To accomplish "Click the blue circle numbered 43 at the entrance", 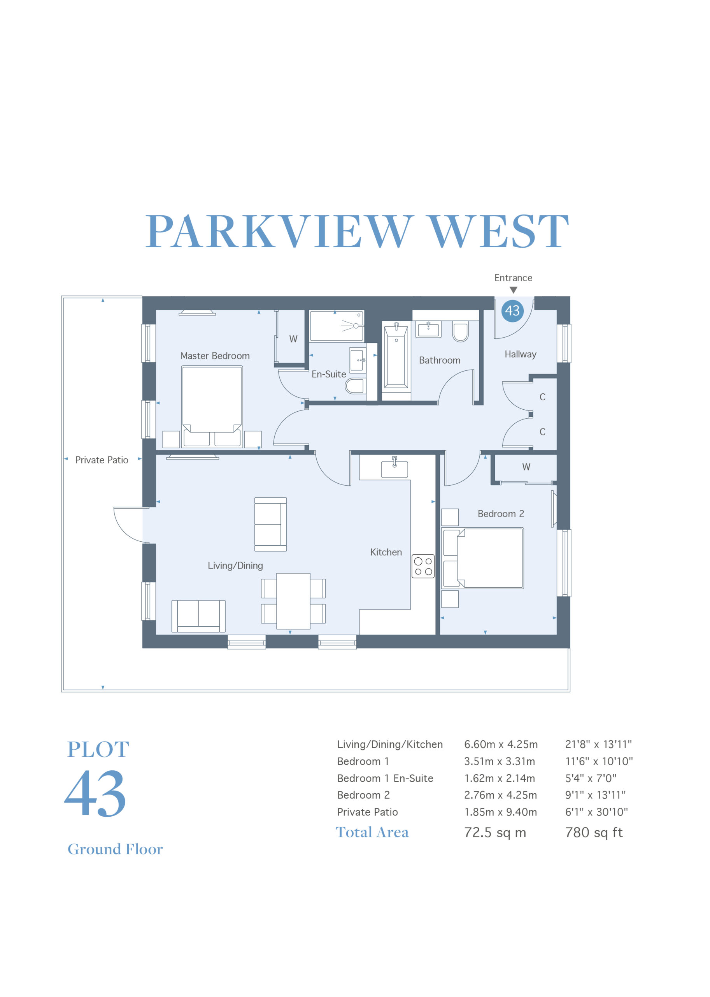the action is point(512,311).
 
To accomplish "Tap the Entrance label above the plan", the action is point(513,278).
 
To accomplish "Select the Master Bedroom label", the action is point(215,356).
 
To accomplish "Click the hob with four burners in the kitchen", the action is point(423,566).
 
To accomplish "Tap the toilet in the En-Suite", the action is point(355,386).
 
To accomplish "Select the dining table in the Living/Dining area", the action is point(293,601).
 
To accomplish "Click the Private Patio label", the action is point(102,460).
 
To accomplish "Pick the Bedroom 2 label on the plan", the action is point(501,514).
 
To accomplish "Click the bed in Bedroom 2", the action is point(483,558).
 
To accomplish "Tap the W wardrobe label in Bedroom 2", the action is point(526,467).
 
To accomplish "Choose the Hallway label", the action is point(520,354).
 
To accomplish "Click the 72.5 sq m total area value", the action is point(495,832).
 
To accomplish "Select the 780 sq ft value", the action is point(594,832).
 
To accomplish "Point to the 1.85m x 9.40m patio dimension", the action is point(501,812).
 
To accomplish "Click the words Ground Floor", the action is point(115,849).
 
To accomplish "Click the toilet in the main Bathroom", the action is point(460,332).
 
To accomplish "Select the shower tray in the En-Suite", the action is point(336,326).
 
